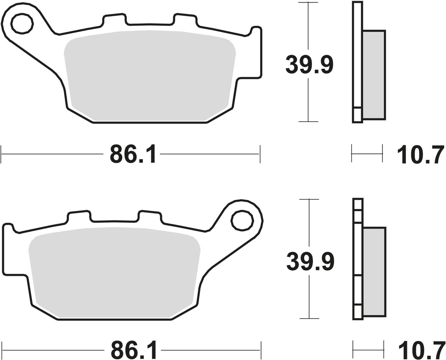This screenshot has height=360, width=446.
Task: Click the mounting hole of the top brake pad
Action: [22, 24]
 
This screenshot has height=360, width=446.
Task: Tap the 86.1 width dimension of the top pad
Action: [132, 154]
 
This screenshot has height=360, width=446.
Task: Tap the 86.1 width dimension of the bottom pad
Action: [133, 350]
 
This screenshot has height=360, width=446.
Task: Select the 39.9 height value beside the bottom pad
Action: [310, 262]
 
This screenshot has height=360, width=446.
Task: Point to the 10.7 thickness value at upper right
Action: [420, 154]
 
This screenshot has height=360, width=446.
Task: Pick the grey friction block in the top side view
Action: [374, 75]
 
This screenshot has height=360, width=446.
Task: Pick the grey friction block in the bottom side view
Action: [374, 271]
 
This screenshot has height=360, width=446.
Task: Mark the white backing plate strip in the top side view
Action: [357, 55]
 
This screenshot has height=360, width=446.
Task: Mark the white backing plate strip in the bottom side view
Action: [358, 250]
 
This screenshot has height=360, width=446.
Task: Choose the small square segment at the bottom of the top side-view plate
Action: [357, 115]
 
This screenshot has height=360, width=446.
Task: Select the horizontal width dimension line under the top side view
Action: [367, 154]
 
